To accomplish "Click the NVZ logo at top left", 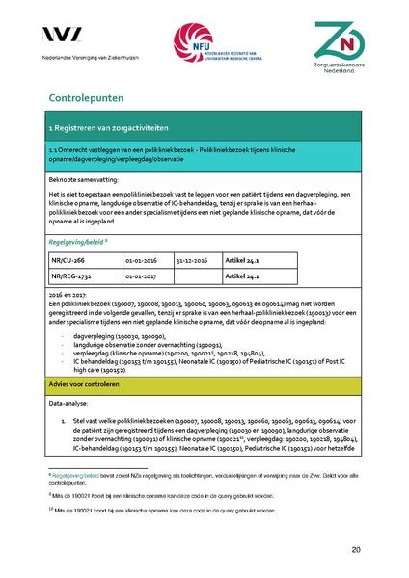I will click(x=67, y=37).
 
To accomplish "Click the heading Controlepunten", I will click(x=90, y=98).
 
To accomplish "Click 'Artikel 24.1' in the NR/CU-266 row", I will click(x=242, y=259).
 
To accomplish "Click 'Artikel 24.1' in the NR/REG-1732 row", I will click(x=242, y=275).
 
